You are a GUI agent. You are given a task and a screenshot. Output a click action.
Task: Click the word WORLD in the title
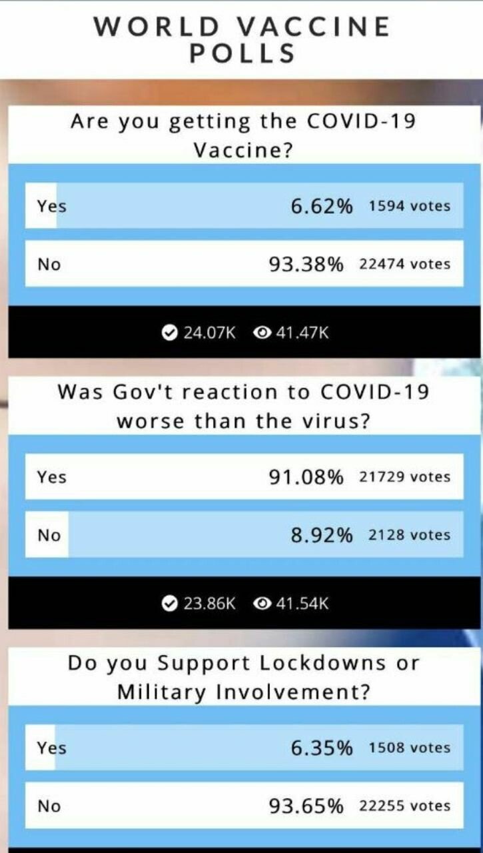tap(157, 27)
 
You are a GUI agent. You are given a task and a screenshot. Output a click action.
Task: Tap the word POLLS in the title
tap(242, 53)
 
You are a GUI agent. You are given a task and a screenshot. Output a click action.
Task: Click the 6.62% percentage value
tap(321, 206)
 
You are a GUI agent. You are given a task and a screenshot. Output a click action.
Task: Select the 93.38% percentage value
tap(306, 265)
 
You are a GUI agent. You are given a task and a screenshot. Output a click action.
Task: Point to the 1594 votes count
tap(409, 206)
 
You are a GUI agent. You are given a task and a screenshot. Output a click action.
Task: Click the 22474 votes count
tap(404, 265)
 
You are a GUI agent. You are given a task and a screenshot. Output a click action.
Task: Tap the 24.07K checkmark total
tap(209, 333)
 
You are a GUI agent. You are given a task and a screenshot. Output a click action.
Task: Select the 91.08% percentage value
tap(306, 477)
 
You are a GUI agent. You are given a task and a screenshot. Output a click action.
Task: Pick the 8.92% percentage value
tap(321, 535)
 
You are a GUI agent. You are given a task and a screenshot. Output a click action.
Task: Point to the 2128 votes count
tap(409, 535)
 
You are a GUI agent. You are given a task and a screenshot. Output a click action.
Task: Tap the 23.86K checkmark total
tap(209, 604)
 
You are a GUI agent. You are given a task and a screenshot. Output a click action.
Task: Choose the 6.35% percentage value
tap(321, 748)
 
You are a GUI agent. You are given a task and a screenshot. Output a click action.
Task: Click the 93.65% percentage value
tap(306, 806)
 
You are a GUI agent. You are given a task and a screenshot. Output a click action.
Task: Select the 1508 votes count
tap(409, 748)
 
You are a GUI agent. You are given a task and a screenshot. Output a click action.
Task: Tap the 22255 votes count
tap(404, 806)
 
